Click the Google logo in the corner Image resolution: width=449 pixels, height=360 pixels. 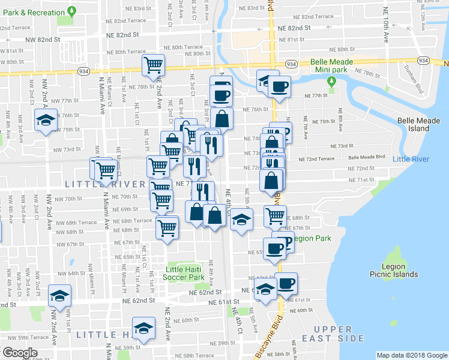click(x=20, y=352)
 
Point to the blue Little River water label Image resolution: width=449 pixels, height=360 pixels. click(x=411, y=159)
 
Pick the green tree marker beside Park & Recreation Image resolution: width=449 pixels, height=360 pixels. click(x=72, y=11)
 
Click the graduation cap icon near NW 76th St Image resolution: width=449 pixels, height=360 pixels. click(x=46, y=121)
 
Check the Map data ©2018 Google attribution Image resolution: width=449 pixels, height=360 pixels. click(x=412, y=355)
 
